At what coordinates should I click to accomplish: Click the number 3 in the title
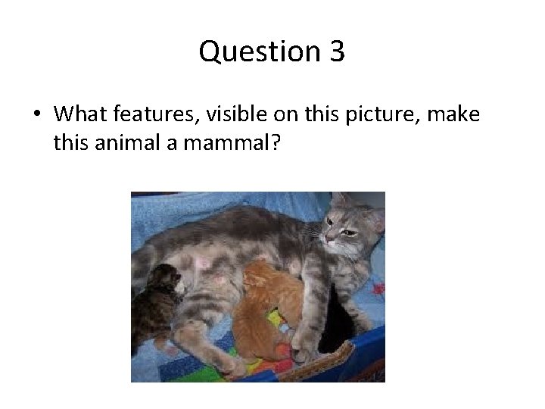point(337,52)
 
